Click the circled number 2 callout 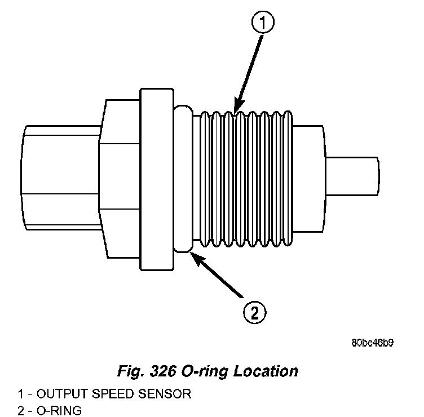254,312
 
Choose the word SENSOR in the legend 167,394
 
